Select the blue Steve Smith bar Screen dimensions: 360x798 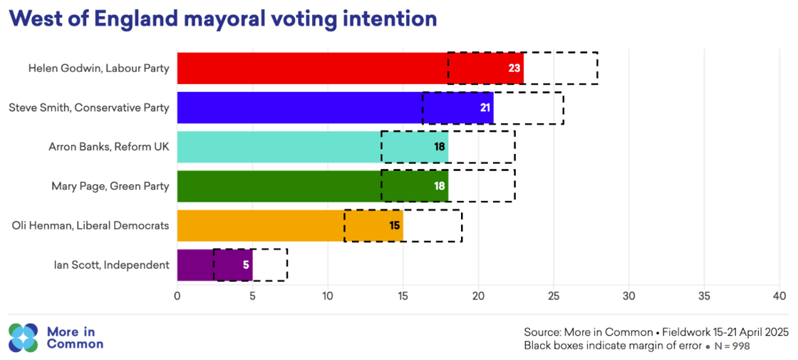299,108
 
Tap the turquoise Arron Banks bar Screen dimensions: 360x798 278,147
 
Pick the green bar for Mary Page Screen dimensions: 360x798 278,186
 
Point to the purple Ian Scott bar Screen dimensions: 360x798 196,264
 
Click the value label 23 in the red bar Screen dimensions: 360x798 514,68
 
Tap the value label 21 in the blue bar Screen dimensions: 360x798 484,108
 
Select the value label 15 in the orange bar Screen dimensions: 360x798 394,225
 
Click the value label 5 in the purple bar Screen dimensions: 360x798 244,264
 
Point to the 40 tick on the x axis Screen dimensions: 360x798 779,295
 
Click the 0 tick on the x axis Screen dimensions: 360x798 177,295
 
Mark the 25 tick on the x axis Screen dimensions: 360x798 553,295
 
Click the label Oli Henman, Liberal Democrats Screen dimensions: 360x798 90,225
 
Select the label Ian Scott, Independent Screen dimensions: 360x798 112,264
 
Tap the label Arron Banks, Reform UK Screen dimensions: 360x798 109,147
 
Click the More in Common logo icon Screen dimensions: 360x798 23,338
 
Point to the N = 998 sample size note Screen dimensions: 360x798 733,346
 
